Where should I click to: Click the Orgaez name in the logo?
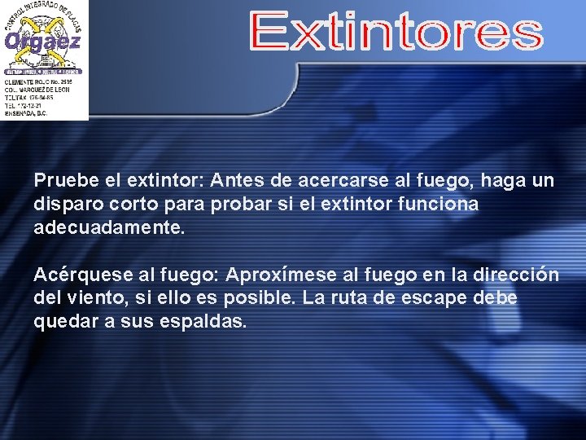tap(42, 42)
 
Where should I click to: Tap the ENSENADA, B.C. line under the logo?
tap(27, 113)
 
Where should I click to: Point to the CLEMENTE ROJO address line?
tap(37, 83)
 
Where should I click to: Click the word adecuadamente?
tap(109, 227)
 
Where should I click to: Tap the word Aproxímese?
tap(273, 275)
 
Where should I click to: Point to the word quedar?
tap(63, 322)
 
